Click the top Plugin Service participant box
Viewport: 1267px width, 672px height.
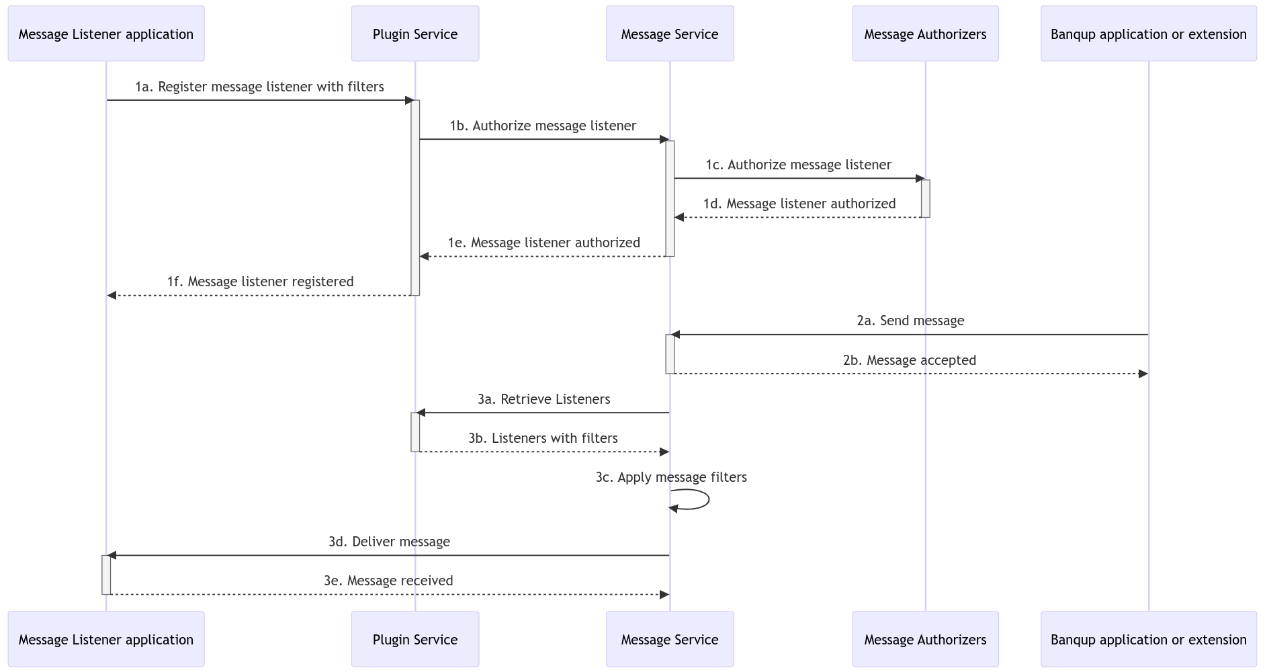(414, 34)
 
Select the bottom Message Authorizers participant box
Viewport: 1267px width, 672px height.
(925, 639)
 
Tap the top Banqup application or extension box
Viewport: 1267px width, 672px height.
(1148, 34)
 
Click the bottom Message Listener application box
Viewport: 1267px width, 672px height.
(106, 639)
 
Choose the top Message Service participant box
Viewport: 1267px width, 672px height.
(669, 34)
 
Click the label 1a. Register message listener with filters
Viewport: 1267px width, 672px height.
(259, 87)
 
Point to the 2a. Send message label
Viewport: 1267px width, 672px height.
(910, 321)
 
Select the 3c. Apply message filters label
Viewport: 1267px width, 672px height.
(670, 477)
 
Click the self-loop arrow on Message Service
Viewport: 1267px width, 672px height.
(707, 499)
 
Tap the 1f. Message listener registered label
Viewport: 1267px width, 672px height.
(260, 282)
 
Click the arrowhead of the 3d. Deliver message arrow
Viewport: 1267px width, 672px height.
(112, 555)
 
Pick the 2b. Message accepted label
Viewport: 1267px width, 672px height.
(909, 360)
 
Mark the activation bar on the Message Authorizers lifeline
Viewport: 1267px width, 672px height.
(925, 198)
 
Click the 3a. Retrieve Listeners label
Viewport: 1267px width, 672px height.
(543, 399)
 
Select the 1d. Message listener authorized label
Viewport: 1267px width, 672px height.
(799, 204)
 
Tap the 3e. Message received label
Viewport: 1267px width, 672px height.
(388, 581)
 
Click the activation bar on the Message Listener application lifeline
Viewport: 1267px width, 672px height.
(106, 575)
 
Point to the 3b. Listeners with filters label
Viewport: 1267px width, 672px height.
(543, 438)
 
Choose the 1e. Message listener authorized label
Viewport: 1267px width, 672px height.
(543, 243)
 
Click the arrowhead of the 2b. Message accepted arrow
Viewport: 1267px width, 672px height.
(1143, 374)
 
